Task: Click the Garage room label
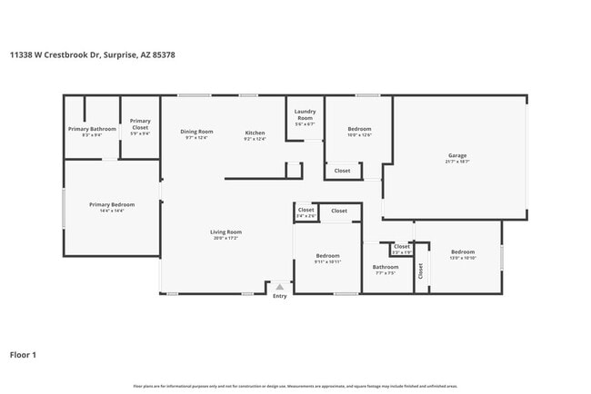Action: [456, 155]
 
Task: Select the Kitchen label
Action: [255, 133]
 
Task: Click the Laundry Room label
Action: [305, 115]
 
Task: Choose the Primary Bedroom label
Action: [112, 204]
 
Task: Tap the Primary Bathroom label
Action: [92, 129]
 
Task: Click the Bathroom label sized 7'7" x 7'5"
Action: [386, 267]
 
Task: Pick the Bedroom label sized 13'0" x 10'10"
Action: [463, 251]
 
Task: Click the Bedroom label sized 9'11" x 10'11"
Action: [327, 256]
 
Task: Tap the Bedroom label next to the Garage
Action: [359, 129]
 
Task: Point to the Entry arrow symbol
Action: [279, 287]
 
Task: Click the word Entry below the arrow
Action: [279, 296]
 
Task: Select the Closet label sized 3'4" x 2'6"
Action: [306, 210]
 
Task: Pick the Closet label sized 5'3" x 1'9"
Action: [402, 246]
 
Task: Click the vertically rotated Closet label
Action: [421, 271]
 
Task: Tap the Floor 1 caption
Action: [23, 355]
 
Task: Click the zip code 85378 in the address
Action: [164, 54]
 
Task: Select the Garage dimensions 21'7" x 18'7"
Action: [456, 162]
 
